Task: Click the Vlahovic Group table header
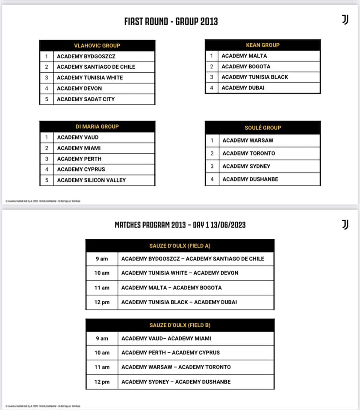coord(97,45)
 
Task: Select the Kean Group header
coord(263,45)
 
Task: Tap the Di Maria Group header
coord(97,126)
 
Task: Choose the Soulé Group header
coord(263,128)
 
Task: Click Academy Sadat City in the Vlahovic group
coord(86,99)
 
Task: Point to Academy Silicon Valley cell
coord(91,180)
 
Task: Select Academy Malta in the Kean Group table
coord(244,56)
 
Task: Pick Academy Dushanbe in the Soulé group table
coord(250,179)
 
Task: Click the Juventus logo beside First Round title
coord(345,20)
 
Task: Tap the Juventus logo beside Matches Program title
coord(345,225)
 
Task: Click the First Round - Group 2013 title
coord(171,21)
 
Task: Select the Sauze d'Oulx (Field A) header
coord(180,246)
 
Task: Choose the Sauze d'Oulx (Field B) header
coord(180,325)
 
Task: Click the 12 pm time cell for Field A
coord(102,302)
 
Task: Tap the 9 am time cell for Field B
coord(102,339)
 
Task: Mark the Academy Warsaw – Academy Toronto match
coord(176,367)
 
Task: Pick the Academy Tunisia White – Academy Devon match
coord(180,273)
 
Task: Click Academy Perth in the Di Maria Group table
coord(79,159)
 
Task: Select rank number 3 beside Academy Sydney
coord(212,167)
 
